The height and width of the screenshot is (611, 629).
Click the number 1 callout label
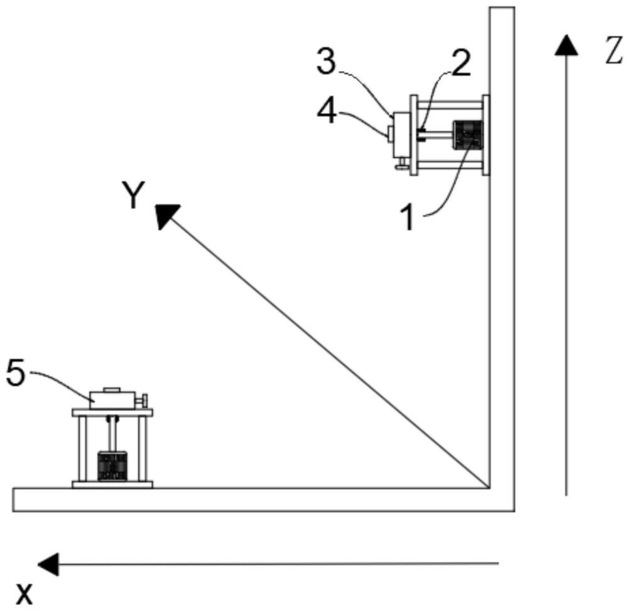[x=408, y=218]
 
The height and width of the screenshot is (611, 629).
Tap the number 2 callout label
[x=460, y=63]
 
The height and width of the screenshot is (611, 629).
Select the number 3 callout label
[x=326, y=62]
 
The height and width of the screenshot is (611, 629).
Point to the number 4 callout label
[x=326, y=113]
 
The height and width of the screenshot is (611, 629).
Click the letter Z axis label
[x=613, y=50]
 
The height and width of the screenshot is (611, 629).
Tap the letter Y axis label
[x=133, y=195]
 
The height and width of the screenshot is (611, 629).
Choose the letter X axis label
[x=24, y=594]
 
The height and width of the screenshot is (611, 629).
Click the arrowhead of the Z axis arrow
[x=566, y=45]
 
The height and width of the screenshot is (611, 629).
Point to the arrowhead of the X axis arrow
[x=48, y=564]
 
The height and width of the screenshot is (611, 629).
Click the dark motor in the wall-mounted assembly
[x=467, y=135]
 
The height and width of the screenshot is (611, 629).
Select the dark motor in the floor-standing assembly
[x=113, y=466]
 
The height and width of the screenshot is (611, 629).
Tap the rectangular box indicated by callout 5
[x=113, y=400]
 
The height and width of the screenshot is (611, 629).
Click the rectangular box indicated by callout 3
[x=401, y=135]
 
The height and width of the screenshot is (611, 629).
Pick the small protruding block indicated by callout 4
[x=390, y=134]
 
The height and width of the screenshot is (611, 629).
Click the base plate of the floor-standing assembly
[x=113, y=485]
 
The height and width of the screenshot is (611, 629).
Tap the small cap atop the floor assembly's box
[x=112, y=390]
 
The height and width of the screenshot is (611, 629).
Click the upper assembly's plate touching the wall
[x=486, y=135]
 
